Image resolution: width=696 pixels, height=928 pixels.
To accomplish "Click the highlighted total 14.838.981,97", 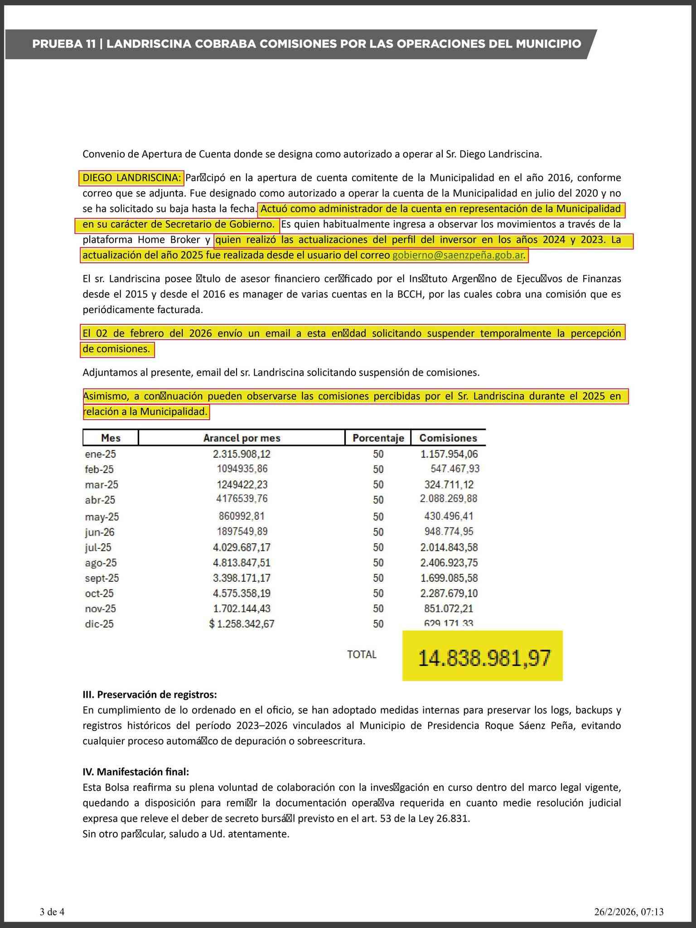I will point(483,658).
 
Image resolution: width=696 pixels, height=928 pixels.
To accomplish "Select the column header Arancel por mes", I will point(242,438).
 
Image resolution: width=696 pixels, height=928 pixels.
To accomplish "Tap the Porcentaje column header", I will point(378,438).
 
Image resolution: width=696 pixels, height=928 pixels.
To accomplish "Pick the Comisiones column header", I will point(448,438).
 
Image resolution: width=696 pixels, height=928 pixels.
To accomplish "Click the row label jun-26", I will point(100,532).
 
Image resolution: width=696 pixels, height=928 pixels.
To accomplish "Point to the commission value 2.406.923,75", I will point(449,563).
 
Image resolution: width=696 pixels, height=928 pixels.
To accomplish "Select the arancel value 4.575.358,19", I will point(242,593).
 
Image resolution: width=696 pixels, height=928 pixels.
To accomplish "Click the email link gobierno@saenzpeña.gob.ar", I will point(458,255).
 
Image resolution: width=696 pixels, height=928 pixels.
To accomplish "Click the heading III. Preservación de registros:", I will point(150,695).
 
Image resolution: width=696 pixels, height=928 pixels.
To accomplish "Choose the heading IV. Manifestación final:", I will point(136,772).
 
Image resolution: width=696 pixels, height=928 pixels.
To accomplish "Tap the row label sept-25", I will point(101,578).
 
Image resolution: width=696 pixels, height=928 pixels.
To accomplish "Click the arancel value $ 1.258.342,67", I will point(242,624).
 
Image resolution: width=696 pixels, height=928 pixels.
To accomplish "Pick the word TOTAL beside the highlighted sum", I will point(362,654).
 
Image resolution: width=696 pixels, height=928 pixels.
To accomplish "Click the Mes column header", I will point(111,438).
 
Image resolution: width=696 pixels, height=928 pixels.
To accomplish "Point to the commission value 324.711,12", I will point(449,484).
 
